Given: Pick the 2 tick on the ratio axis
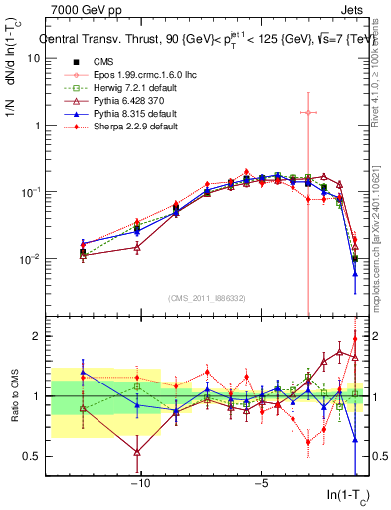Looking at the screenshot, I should pos(38,336).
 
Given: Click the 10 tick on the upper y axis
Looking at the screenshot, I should pos(34,58).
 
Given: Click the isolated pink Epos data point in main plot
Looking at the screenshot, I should pos(308,112).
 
